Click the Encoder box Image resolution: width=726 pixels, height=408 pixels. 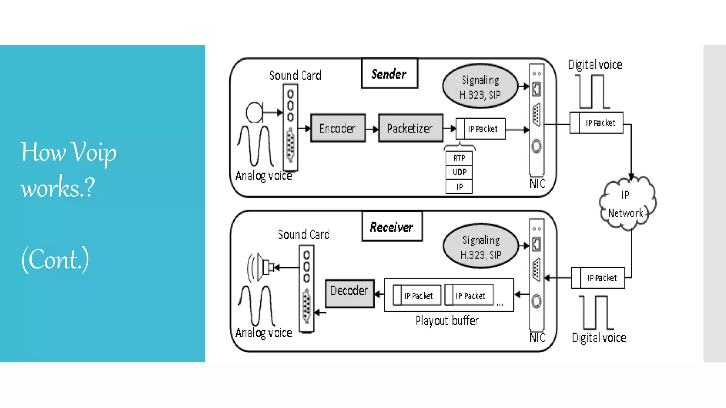point(337,128)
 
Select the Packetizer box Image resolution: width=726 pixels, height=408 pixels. point(410,128)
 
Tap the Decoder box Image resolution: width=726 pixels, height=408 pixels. point(350,293)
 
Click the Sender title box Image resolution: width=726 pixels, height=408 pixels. point(389,73)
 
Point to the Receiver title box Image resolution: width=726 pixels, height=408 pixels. point(392,227)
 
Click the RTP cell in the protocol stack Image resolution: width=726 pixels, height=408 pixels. point(459,158)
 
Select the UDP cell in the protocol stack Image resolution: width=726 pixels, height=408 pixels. point(459,172)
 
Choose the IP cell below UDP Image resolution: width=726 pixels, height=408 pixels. point(459,187)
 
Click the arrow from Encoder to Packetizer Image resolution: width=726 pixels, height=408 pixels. point(372,129)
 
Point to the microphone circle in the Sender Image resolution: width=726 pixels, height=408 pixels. point(254,112)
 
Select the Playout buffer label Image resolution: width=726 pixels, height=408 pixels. point(447,321)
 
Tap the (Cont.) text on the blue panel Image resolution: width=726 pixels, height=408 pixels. point(55,260)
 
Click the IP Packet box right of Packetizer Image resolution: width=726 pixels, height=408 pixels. point(481,129)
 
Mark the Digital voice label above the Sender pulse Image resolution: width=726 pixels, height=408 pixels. point(595,65)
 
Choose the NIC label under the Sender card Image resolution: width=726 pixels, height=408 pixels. point(537,183)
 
